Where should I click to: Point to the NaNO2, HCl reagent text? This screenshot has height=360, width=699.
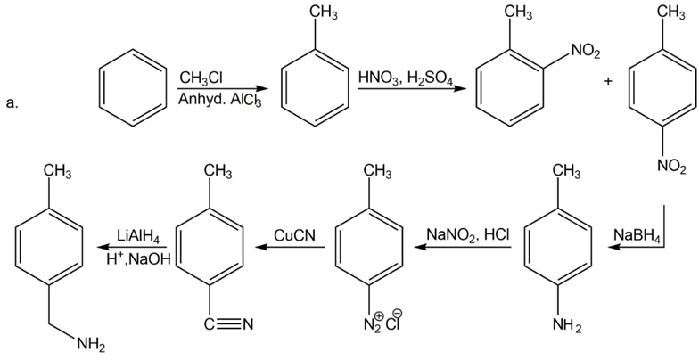(467, 235)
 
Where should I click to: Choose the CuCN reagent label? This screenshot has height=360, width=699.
(292, 235)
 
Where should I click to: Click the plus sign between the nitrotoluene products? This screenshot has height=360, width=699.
(607, 81)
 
